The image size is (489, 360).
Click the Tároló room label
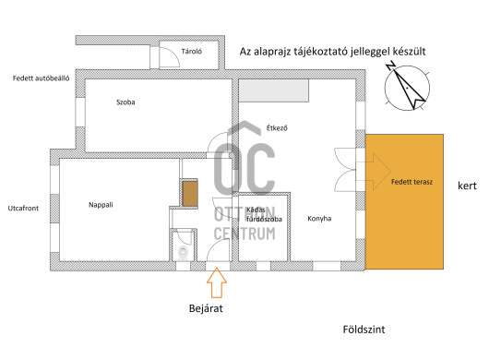[192, 51]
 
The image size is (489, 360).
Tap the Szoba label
[125, 102]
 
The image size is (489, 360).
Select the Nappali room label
[101, 205]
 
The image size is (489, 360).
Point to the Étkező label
[277, 128]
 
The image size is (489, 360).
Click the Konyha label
[319, 219]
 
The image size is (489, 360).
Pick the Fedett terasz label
[412, 182]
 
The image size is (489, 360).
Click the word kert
[467, 186]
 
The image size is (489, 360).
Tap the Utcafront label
[23, 208]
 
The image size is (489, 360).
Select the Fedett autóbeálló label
[41, 78]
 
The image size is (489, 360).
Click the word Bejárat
[206, 308]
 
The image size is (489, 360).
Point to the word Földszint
[364, 330]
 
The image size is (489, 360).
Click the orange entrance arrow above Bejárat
[217, 282]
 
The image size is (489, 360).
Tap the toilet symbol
[183, 253]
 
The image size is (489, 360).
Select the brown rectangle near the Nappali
[190, 194]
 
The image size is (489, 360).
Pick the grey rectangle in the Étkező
[274, 90]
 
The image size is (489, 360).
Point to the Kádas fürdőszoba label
[264, 214]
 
